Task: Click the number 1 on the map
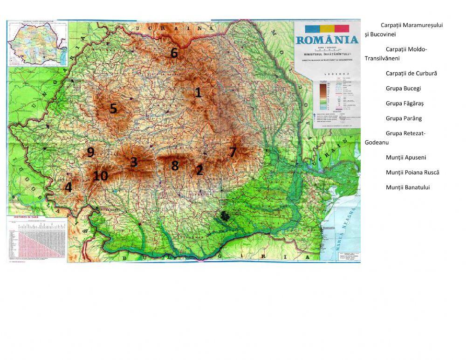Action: [198, 92]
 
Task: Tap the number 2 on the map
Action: [199, 170]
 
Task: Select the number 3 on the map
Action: [134, 162]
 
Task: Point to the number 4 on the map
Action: [69, 187]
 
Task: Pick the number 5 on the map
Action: [113, 109]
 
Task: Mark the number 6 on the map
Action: [174, 53]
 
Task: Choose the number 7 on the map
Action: [233, 152]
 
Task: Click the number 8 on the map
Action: [175, 166]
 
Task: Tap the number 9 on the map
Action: [90, 152]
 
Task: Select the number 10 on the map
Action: [100, 176]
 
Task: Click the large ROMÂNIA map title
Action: [327, 40]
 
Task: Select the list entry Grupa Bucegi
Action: [403, 89]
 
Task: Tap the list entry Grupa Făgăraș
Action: [404, 104]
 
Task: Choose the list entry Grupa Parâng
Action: [404, 118]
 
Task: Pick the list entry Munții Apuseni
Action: [405, 158]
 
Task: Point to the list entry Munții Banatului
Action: [408, 187]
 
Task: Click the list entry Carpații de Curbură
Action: [411, 74]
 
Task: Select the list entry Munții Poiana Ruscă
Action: [412, 173]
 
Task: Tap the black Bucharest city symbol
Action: [226, 215]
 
